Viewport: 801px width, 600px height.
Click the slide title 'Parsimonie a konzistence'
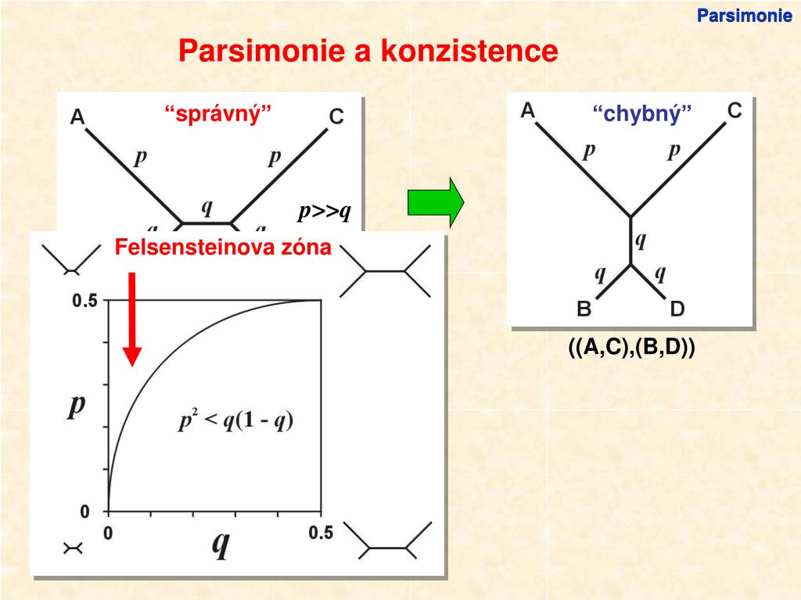tap(368, 52)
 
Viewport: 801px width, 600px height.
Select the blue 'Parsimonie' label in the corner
tap(745, 15)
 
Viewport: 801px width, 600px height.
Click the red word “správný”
tap(218, 113)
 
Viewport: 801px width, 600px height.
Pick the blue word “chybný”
tap(642, 116)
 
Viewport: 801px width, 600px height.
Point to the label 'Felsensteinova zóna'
tap(223, 248)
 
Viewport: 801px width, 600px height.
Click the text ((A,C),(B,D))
tap(632, 348)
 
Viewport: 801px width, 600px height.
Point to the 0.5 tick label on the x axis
tap(320, 533)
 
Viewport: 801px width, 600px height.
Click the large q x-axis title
tap(220, 544)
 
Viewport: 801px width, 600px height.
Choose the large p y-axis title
tap(76, 406)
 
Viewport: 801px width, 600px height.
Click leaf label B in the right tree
tap(584, 309)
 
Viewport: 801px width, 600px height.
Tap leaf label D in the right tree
tap(677, 309)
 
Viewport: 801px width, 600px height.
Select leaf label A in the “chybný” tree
tap(528, 110)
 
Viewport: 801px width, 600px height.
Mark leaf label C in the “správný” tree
tap(336, 117)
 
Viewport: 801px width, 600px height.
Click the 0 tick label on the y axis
tap(85, 512)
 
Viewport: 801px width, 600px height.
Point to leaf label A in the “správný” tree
tap(77, 117)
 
